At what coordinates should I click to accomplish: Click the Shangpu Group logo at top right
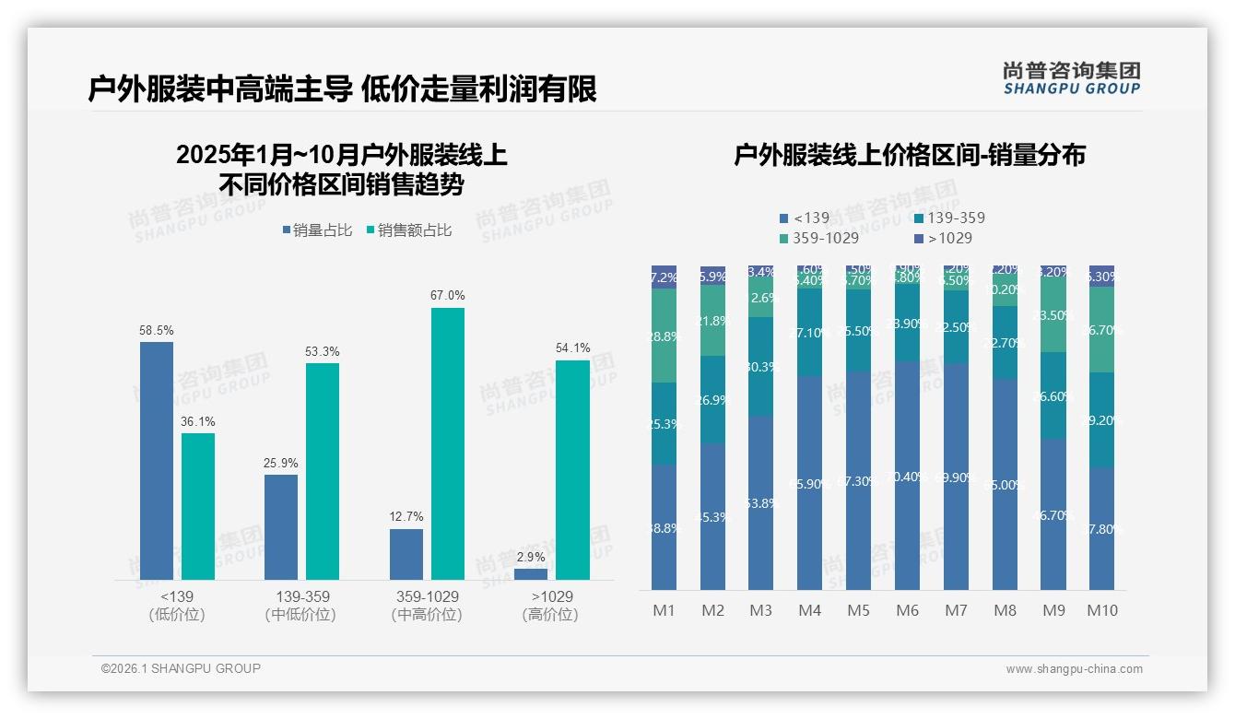coord(1071,78)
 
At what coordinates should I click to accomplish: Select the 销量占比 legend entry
coord(317,230)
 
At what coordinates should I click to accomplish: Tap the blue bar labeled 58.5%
coord(157,461)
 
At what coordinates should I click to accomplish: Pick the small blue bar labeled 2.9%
coord(531,574)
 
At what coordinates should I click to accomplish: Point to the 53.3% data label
coord(323,351)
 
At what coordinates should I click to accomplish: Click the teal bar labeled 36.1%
coord(198,507)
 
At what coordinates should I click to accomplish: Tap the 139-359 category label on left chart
coord(301,597)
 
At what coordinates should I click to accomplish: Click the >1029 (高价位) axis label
coord(550,606)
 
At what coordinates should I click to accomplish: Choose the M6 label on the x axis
coord(908,610)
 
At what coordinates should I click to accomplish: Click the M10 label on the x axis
coord(1101,610)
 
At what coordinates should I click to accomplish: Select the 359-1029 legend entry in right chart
coord(819,238)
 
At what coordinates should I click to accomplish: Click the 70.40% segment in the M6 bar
coord(908,477)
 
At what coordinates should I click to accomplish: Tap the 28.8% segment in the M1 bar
coord(664,336)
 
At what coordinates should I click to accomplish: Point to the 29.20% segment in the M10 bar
coord(1101,419)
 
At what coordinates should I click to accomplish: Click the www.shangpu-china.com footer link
coord(1074,669)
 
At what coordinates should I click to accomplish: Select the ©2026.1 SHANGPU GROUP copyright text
coord(181,668)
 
